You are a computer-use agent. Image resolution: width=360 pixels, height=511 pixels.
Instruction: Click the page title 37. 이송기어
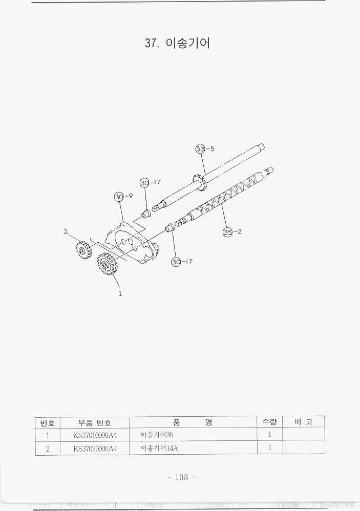pyautogui.click(x=178, y=43)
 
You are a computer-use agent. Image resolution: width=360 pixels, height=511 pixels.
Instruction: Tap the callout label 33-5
pyautogui.click(x=205, y=149)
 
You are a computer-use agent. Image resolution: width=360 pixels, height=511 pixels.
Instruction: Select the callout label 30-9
pyautogui.click(x=123, y=197)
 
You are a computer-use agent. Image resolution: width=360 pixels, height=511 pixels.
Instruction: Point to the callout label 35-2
pyautogui.click(x=232, y=232)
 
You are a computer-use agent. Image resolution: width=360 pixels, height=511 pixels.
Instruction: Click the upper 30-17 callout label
pyautogui.click(x=150, y=182)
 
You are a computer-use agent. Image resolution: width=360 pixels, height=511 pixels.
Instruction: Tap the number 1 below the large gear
pyautogui.click(x=120, y=293)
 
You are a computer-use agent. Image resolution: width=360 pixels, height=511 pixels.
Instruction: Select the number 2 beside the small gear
pyautogui.click(x=66, y=232)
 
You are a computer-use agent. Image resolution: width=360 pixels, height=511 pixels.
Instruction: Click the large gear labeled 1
pyautogui.click(x=105, y=264)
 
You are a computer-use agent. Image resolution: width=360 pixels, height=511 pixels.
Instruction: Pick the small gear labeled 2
pyautogui.click(x=82, y=250)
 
